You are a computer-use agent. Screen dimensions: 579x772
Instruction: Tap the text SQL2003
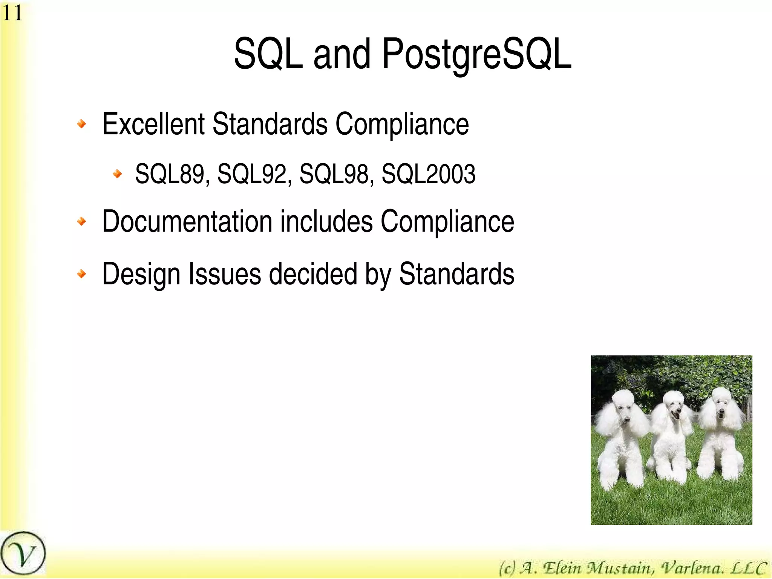(x=428, y=174)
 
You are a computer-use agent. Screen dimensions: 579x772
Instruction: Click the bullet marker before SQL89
(x=118, y=174)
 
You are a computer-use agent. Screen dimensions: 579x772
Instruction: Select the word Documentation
(x=187, y=221)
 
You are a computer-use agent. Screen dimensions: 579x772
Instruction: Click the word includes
(x=326, y=221)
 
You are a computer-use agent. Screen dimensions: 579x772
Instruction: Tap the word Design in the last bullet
(x=141, y=274)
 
